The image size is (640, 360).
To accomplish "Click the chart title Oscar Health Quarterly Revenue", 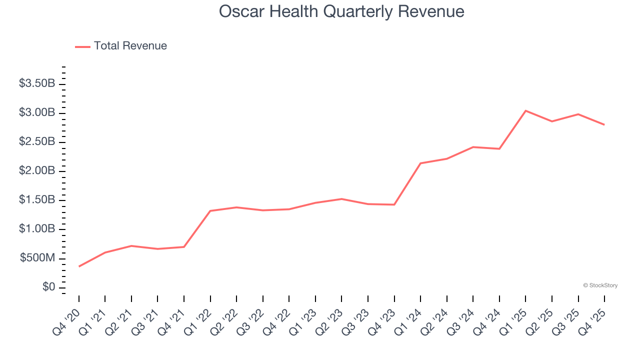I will coord(341,11).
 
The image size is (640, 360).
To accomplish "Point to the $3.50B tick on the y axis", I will coord(37,83).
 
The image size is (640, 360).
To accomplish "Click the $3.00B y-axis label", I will coord(37,112).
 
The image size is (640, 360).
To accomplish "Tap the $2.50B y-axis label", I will coord(37,141).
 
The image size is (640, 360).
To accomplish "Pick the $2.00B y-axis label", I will coord(37,171).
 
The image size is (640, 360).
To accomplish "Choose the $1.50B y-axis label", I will coord(37,200).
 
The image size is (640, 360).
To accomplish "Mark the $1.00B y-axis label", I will coord(37,229).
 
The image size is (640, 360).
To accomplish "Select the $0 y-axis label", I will coord(49,287).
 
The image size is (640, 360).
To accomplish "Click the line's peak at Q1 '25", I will coord(525,110).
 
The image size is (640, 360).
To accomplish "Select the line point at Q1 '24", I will coord(420,163).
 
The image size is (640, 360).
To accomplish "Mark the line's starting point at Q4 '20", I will coord(79,266).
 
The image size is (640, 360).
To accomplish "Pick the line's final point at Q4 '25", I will coord(604,124).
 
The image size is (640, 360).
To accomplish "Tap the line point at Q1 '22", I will coord(210,210).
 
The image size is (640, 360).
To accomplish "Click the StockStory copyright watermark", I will coord(600,285).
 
